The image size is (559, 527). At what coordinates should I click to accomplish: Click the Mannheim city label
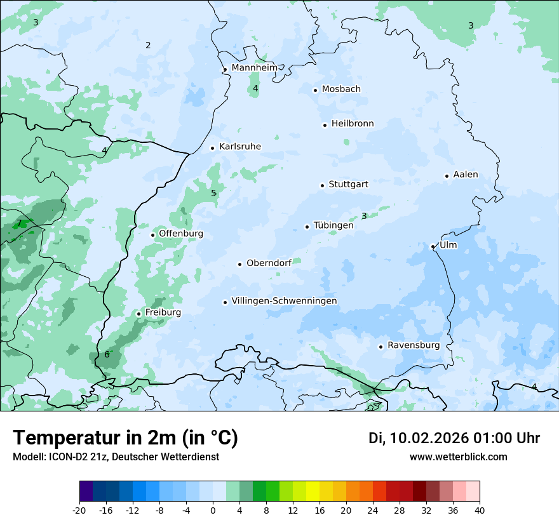(254, 68)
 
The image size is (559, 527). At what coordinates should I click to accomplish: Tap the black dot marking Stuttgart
(322, 185)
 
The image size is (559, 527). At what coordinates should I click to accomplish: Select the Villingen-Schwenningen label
(284, 301)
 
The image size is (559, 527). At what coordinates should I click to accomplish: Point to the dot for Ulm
(433, 246)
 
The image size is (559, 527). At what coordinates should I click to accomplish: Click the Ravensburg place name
(413, 345)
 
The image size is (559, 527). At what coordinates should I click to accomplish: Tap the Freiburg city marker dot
(138, 314)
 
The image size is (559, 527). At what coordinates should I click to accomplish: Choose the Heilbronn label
(353, 124)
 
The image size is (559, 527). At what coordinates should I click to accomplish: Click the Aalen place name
(466, 175)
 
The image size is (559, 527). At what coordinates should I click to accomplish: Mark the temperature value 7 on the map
(19, 223)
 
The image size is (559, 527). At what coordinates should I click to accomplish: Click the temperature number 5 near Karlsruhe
(213, 193)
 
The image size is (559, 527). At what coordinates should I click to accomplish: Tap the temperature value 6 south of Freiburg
(107, 354)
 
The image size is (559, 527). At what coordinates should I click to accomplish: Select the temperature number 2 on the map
(148, 45)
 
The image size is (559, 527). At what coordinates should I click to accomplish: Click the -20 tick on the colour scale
(79, 510)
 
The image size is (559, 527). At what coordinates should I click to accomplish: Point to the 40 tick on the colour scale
(480, 510)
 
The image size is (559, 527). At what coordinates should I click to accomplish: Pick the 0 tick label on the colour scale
(213, 510)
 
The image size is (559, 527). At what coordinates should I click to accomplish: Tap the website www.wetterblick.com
(458, 457)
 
